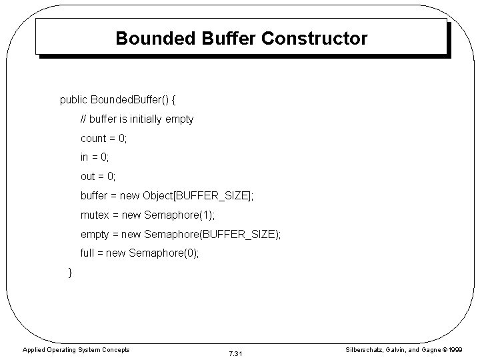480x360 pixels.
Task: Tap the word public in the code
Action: tap(73, 100)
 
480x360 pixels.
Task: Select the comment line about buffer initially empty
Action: tap(137, 119)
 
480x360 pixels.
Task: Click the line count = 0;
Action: tap(103, 139)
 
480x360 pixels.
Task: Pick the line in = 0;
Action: tap(95, 157)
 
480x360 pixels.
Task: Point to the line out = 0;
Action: tap(98, 177)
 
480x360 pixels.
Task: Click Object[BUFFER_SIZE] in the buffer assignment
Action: tap(198, 196)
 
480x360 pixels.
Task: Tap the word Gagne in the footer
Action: tap(428, 349)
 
